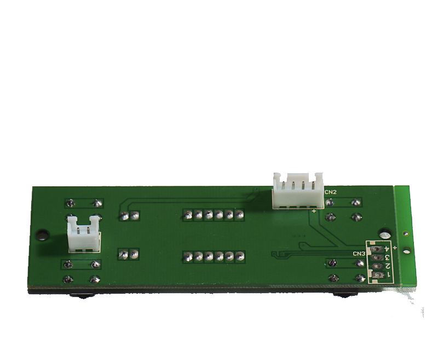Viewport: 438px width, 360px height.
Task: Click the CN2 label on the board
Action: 331,192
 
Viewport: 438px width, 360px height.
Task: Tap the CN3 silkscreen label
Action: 359,254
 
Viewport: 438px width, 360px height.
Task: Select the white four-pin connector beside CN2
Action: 298,191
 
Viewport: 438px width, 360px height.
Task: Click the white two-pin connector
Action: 84,233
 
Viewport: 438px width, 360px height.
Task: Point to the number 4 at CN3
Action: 387,249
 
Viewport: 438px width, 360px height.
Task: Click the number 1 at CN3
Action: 388,275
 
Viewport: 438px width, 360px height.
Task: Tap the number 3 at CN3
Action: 387,257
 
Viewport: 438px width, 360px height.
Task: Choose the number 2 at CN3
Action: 388,266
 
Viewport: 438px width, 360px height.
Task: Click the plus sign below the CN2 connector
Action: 314,211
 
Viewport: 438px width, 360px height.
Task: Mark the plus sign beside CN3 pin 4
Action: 395,247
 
